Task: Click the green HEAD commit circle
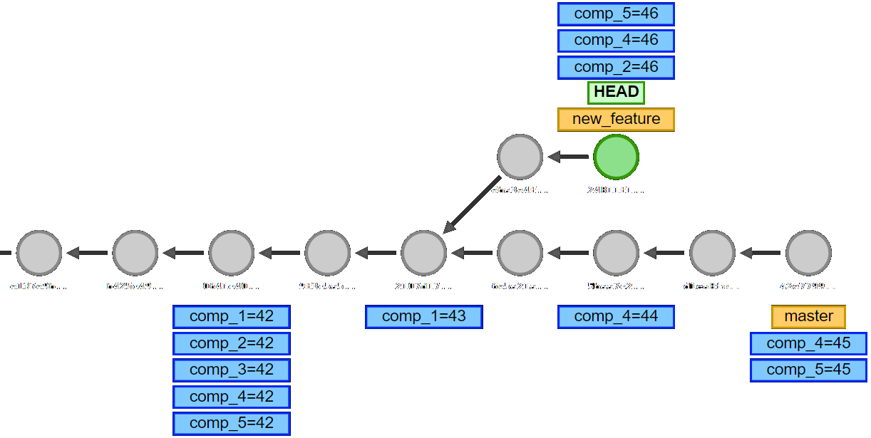pyautogui.click(x=616, y=157)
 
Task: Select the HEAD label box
pyautogui.click(x=616, y=92)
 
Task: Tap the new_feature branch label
pyautogui.click(x=616, y=119)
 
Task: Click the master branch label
pyautogui.click(x=808, y=316)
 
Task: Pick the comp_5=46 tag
pyautogui.click(x=616, y=14)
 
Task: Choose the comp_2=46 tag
pyautogui.click(x=616, y=67)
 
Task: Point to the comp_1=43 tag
pyautogui.click(x=423, y=316)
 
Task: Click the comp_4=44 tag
pyautogui.click(x=616, y=316)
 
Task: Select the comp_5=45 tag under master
pyautogui.click(x=808, y=370)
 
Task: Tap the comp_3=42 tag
pyautogui.click(x=231, y=370)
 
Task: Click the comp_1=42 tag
pyautogui.click(x=231, y=316)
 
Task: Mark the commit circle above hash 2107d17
pyautogui.click(x=423, y=253)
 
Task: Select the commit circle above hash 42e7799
pyautogui.click(x=808, y=253)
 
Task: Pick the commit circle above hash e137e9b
pyautogui.click(x=38, y=253)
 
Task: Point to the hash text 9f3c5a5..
pyautogui.click(x=327, y=286)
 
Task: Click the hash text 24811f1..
pyautogui.click(x=616, y=190)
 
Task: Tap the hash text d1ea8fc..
pyautogui.click(x=712, y=286)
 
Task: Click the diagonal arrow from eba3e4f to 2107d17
pyautogui.click(x=471, y=204)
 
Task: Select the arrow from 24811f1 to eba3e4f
pyautogui.click(x=568, y=157)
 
